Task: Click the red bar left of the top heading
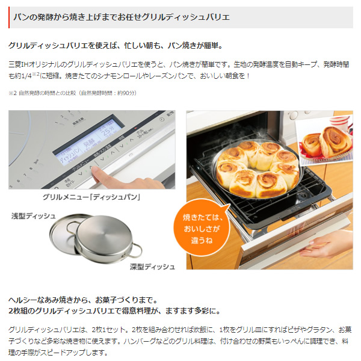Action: [9, 17]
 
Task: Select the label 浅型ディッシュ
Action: [33, 215]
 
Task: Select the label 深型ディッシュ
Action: [152, 266]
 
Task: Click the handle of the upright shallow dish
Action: [73, 227]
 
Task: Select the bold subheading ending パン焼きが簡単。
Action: [115, 46]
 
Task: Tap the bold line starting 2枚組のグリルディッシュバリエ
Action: [114, 310]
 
